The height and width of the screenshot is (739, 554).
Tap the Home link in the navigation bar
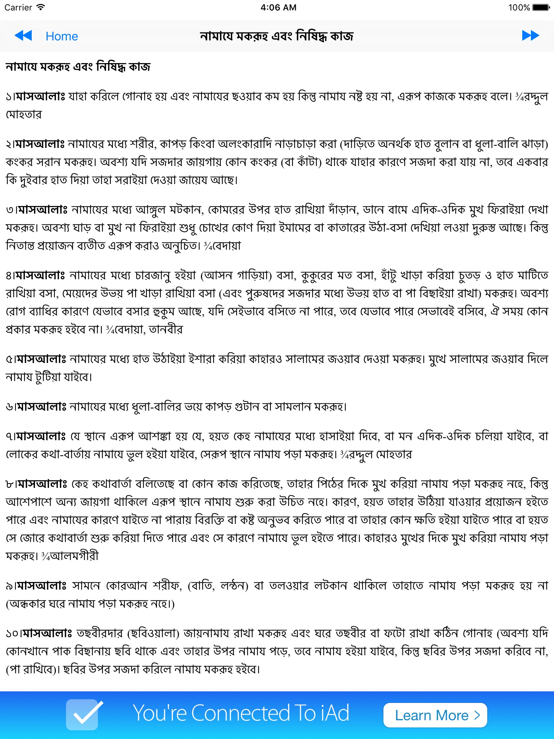pyautogui.click(x=62, y=36)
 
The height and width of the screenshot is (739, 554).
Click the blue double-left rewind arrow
pyautogui.click(x=23, y=35)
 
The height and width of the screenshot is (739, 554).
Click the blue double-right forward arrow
pyautogui.click(x=530, y=35)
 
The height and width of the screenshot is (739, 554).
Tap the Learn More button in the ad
pyautogui.click(x=435, y=715)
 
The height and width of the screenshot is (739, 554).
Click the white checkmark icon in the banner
pyautogui.click(x=83, y=714)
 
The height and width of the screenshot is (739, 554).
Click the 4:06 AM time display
pyautogui.click(x=278, y=7)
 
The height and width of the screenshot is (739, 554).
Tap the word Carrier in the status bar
pyautogui.click(x=18, y=7)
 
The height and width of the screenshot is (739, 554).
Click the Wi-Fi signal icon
pyautogui.click(x=41, y=7)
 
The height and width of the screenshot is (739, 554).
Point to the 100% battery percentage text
pyautogui.click(x=519, y=7)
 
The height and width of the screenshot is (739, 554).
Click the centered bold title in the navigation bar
pyautogui.click(x=277, y=36)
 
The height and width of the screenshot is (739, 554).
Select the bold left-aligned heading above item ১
pyautogui.click(x=78, y=67)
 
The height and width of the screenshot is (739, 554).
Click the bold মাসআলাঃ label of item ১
pyautogui.click(x=40, y=96)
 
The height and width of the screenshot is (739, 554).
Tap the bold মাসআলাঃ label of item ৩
pyautogui.click(x=42, y=209)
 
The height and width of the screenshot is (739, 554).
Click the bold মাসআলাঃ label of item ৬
pyautogui.click(x=41, y=407)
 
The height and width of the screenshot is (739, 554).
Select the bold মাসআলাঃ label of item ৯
pyautogui.click(x=41, y=586)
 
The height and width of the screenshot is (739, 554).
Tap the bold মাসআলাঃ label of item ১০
pyautogui.click(x=47, y=633)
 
